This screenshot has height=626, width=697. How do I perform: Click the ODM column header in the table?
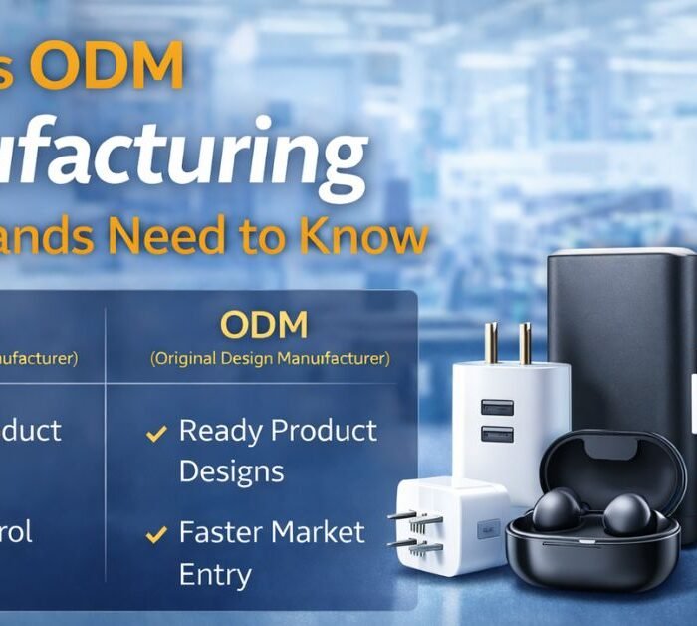pos(264,325)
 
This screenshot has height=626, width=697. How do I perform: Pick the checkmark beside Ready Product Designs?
pos(156,434)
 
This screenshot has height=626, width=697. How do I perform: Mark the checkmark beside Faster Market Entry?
pos(156,535)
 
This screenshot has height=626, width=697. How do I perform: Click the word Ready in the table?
pos(220,431)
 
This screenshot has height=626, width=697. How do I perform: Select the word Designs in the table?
pos(231,470)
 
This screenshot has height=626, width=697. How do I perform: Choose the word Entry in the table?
pos(215,574)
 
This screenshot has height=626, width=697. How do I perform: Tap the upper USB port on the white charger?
pos(498,408)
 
